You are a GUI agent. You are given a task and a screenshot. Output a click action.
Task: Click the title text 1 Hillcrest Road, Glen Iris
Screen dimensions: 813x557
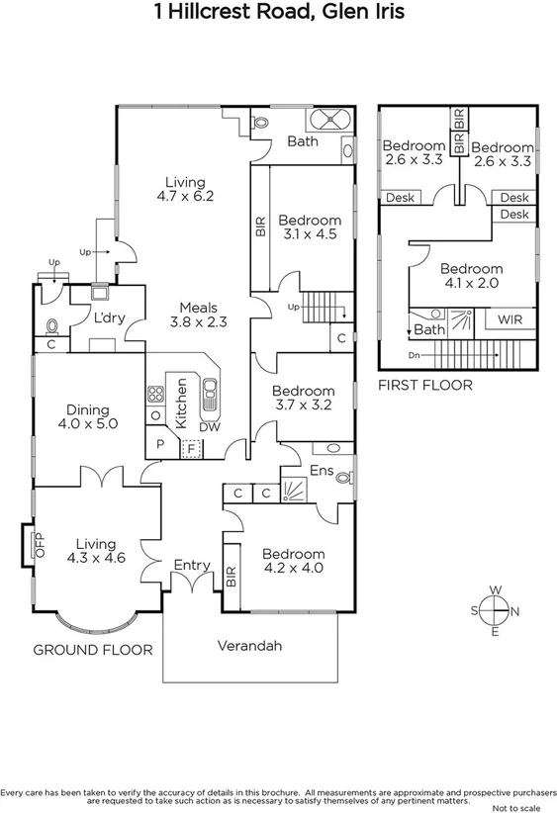click(x=278, y=13)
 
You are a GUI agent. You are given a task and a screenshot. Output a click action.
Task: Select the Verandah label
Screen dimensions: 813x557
click(x=250, y=646)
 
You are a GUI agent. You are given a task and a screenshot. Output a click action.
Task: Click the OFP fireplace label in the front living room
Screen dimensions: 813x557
click(x=41, y=545)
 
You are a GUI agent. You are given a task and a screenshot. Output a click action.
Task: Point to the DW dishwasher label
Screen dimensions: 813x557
click(x=210, y=426)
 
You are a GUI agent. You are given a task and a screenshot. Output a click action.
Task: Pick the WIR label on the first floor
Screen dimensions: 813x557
click(x=511, y=320)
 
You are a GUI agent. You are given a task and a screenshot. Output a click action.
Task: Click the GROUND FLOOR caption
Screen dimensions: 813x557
click(x=93, y=650)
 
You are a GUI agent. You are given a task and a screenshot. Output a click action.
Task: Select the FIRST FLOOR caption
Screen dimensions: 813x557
click(x=424, y=385)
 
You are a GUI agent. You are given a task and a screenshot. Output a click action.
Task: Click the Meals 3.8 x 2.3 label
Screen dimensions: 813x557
click(x=198, y=315)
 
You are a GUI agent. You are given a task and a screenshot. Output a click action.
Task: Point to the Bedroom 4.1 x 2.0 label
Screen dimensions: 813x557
click(x=471, y=275)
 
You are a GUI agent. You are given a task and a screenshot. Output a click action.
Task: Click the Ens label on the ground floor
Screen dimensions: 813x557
click(x=322, y=471)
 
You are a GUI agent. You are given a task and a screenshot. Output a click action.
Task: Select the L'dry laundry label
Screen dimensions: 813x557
click(x=108, y=318)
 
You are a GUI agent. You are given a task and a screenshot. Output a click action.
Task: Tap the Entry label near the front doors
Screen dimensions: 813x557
click(x=192, y=565)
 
